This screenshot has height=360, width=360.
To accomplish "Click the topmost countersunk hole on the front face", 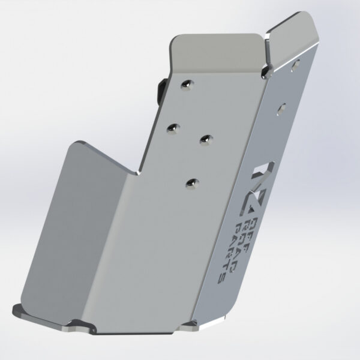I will tap(190, 83).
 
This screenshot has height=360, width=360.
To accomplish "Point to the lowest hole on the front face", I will tap(191, 182).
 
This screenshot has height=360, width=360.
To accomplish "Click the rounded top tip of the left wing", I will tap(81, 145).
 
